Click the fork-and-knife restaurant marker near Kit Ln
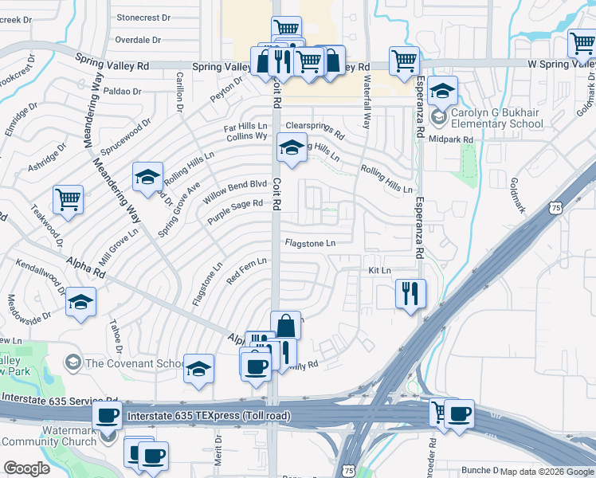410,293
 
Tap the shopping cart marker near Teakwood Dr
68,199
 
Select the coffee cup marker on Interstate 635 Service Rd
108,414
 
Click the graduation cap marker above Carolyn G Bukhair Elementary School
441,91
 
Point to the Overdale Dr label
138,39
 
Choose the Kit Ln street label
379,271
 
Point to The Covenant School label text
135,363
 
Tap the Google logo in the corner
26,468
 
